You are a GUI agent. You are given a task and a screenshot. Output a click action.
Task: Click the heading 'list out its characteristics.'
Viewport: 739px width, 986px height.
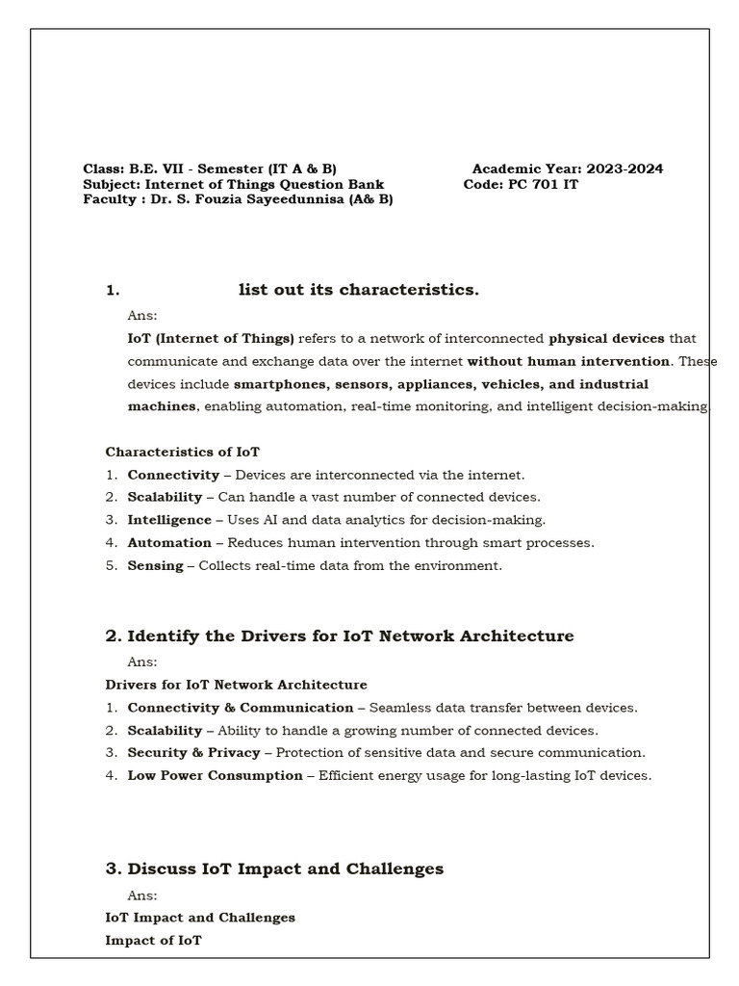click(x=358, y=290)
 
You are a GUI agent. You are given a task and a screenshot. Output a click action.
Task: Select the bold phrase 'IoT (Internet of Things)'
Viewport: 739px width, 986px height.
click(x=211, y=338)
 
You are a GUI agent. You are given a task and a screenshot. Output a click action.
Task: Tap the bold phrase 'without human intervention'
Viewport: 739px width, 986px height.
click(x=569, y=361)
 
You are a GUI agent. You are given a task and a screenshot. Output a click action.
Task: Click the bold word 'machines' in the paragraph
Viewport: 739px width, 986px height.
click(x=162, y=406)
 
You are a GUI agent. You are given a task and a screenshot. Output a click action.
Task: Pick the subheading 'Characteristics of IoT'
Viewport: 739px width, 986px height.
click(x=182, y=452)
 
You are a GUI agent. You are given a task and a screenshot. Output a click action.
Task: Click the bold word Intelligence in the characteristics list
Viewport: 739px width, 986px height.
click(x=169, y=520)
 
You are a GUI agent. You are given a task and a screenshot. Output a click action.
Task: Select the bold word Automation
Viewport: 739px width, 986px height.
click(x=169, y=542)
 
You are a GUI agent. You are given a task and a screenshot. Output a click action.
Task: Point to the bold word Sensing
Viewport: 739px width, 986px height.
click(x=155, y=565)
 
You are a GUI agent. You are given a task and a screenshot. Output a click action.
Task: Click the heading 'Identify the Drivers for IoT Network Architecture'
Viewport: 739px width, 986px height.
click(x=350, y=636)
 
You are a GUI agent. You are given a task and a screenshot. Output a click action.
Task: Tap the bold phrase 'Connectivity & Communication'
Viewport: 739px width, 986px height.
click(x=241, y=708)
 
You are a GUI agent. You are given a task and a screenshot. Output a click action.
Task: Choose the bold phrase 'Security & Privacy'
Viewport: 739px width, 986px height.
click(x=193, y=753)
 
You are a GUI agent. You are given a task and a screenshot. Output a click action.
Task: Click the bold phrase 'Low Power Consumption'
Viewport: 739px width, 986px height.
click(x=215, y=775)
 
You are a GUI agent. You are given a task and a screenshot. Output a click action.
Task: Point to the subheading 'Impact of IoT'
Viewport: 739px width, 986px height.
click(x=153, y=940)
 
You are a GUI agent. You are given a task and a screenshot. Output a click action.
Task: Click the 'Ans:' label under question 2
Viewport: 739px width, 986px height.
click(x=142, y=662)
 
